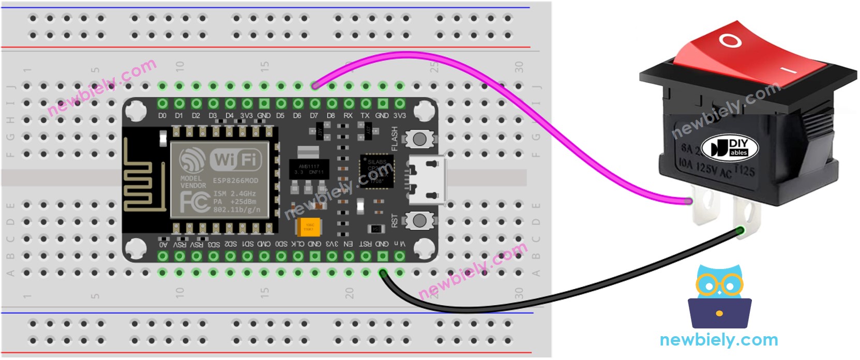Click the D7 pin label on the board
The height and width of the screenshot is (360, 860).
(314, 116)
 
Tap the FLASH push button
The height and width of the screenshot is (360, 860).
(419, 139)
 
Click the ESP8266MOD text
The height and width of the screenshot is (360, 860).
(235, 181)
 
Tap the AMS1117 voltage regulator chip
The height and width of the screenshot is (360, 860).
(309, 169)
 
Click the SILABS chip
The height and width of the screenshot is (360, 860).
(376, 171)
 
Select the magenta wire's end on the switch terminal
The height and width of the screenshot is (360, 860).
(688, 201)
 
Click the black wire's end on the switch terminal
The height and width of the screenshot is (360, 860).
(741, 231)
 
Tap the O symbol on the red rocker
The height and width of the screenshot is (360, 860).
(730, 40)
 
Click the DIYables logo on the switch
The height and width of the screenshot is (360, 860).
(730, 147)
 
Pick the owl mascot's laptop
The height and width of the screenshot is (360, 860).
(719, 312)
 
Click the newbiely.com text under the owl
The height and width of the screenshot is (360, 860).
(719, 340)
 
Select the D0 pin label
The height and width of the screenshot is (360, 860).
(162, 116)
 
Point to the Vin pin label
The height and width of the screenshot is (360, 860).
(399, 244)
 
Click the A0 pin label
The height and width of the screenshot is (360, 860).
(163, 244)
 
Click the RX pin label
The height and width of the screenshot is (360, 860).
(348, 116)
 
